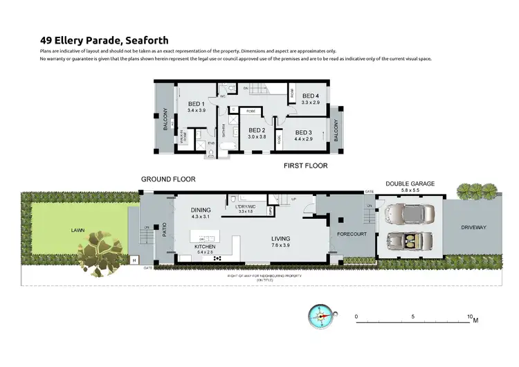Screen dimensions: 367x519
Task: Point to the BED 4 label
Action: tap(310, 96)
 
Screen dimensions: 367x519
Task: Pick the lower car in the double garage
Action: tap(408, 242)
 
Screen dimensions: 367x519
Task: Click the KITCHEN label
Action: tap(206, 247)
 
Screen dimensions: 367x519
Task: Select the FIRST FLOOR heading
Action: tap(305, 166)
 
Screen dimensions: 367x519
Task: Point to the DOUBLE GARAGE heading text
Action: tap(410, 183)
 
